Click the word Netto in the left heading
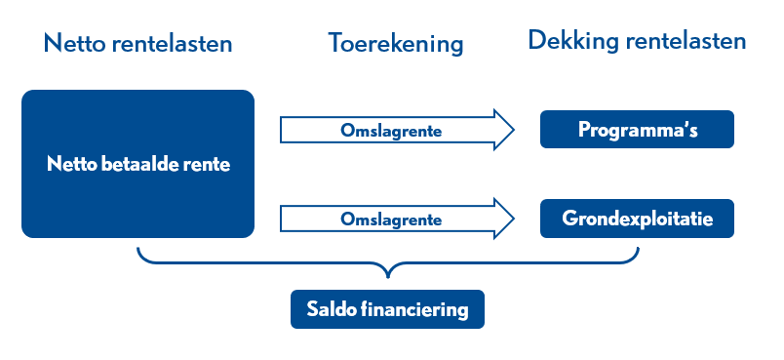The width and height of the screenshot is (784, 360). [x=75, y=44]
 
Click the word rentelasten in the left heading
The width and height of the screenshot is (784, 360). [x=172, y=44]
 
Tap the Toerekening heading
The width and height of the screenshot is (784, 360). [x=396, y=45]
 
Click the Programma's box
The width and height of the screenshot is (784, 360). [x=637, y=129]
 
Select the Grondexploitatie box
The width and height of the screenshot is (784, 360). [x=637, y=219]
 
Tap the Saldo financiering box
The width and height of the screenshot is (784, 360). [x=387, y=309]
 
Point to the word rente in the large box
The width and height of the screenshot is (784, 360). [x=212, y=165]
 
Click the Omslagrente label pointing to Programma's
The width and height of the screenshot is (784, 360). [x=391, y=131]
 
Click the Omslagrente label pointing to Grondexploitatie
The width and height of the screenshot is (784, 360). [x=391, y=220]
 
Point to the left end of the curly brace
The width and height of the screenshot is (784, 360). [x=137, y=248]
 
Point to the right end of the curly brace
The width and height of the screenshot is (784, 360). [x=638, y=248]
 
